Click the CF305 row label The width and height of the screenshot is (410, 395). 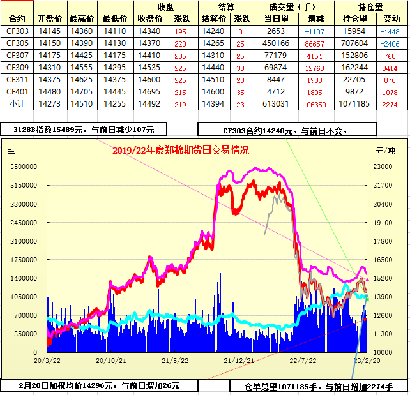(x=17, y=43)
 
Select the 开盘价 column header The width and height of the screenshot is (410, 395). (x=50, y=19)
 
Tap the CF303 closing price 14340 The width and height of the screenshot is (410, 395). (x=149, y=31)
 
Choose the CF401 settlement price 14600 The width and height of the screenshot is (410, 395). (x=213, y=92)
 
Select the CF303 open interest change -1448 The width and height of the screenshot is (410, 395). (x=389, y=31)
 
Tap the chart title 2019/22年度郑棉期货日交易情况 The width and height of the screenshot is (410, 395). (x=181, y=151)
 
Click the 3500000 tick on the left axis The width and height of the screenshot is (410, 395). (x=24, y=167)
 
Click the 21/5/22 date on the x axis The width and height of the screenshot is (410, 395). (x=174, y=361)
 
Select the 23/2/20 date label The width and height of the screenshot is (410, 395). (x=367, y=361)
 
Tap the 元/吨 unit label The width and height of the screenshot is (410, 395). (x=385, y=151)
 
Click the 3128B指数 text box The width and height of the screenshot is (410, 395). (x=84, y=130)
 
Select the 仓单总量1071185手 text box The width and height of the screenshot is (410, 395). (x=317, y=386)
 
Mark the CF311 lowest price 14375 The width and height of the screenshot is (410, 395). (x=114, y=80)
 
